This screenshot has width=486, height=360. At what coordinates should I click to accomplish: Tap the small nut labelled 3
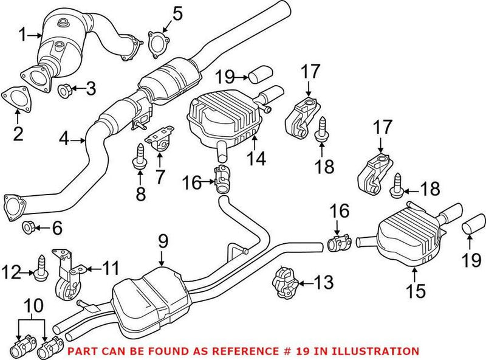pyautogui.click(x=66, y=91)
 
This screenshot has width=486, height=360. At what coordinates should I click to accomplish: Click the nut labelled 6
pyautogui.click(x=28, y=229)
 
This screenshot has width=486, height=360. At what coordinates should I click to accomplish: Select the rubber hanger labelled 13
pyautogui.click(x=286, y=283)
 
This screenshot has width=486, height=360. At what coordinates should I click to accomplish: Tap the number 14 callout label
pyautogui.click(x=256, y=160)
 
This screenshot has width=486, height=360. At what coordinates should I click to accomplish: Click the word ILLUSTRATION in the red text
pyautogui.click(x=382, y=351)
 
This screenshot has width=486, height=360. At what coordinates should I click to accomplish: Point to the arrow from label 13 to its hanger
pyautogui.click(x=306, y=282)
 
